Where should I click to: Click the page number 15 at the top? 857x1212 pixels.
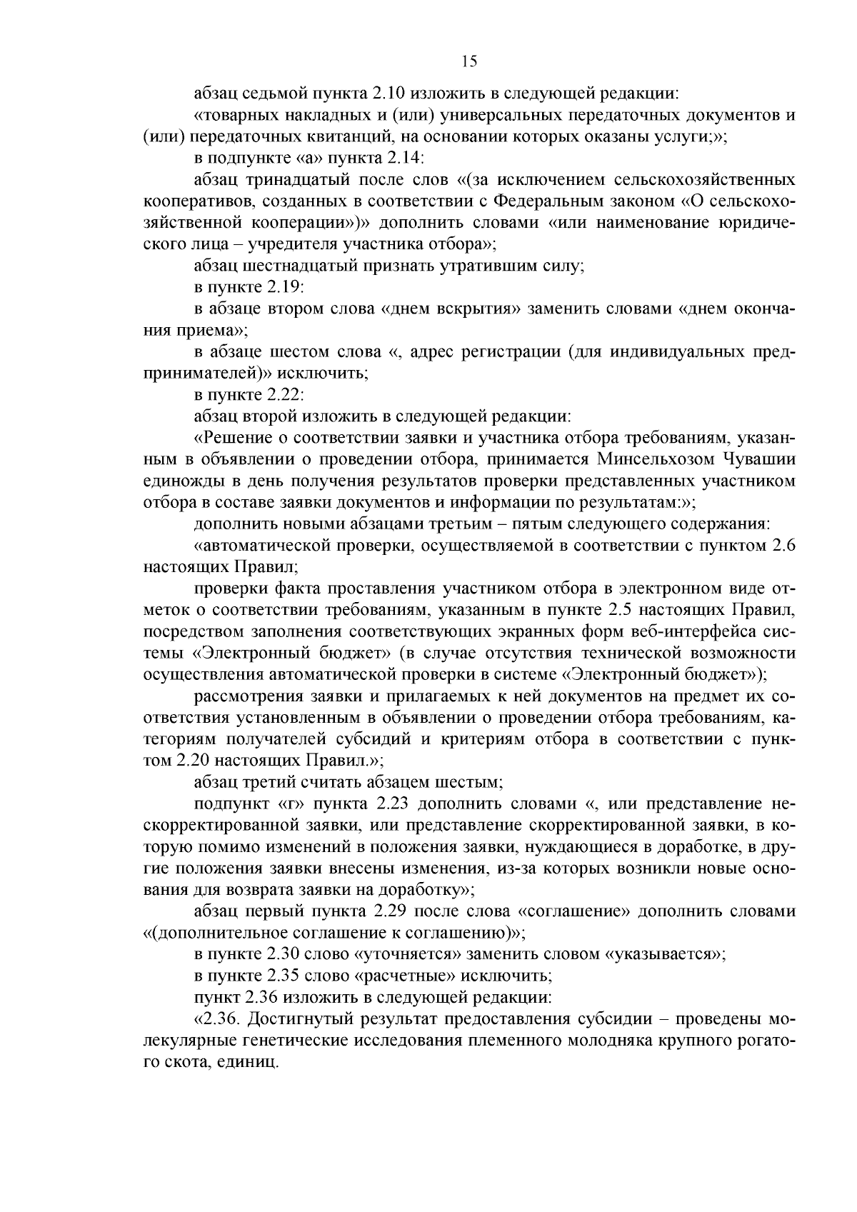click(x=469, y=61)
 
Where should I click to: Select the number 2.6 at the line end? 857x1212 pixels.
click(x=781, y=546)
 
